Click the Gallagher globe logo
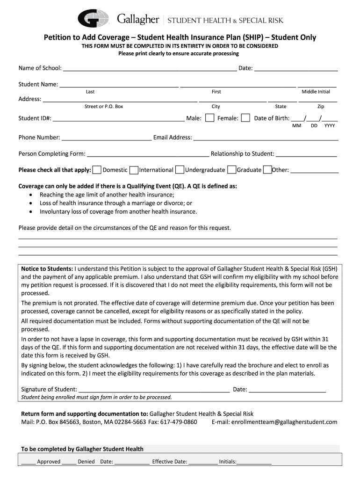(x=94, y=18)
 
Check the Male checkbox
(x=210, y=118)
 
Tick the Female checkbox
(x=245, y=118)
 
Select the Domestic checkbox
(x=97, y=170)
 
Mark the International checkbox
(x=134, y=170)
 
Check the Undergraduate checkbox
(x=180, y=170)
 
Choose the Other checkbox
(x=267, y=170)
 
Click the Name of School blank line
(x=150, y=69)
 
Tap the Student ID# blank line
(x=119, y=119)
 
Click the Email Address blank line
(x=266, y=138)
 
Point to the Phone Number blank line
(x=107, y=138)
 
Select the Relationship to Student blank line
(x=306, y=155)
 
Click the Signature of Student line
(x=154, y=390)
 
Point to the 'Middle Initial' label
(x=316, y=92)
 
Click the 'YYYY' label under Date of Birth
(x=330, y=126)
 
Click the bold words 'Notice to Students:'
(x=47, y=269)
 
